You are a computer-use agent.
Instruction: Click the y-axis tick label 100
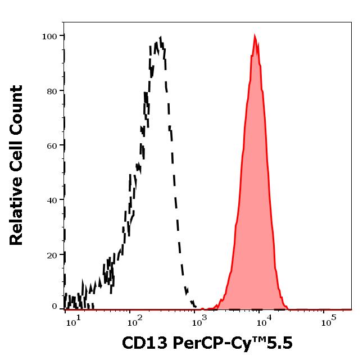coord(49,37)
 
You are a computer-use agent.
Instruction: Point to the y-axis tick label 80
coord(52,91)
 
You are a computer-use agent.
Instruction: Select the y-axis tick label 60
coord(52,145)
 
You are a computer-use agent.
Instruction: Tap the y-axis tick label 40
coord(52,200)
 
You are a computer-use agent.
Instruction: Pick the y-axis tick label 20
coord(52,254)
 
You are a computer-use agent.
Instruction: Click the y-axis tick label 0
coord(55,307)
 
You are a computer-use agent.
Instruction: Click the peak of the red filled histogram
coord(255,37)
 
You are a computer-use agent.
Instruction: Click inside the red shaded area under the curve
coord(256,197)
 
